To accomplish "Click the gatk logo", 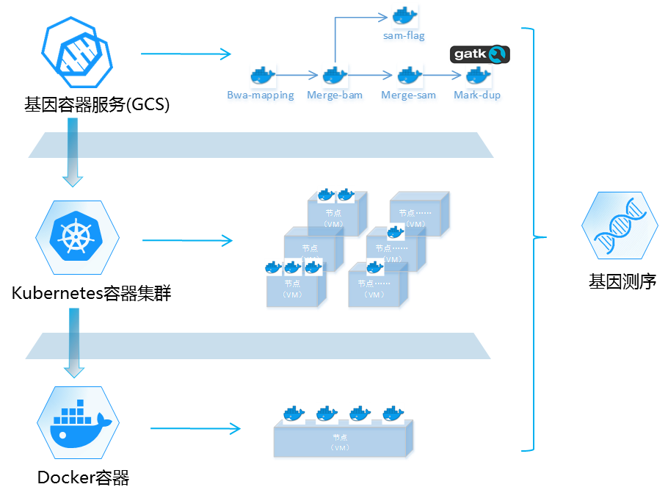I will [x=479, y=54].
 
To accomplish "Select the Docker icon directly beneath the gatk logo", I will [x=479, y=76].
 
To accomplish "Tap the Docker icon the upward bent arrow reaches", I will [x=404, y=16].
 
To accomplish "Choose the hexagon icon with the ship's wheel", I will [x=77, y=237].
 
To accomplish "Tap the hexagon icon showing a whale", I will [x=78, y=422].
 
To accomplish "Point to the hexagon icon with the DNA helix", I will [x=619, y=225].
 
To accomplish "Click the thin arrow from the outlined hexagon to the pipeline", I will [x=186, y=54].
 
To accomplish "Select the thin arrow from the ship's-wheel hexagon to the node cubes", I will [x=187, y=240].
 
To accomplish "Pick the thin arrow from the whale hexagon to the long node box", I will [x=195, y=429].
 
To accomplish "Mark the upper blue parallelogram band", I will [x=261, y=145].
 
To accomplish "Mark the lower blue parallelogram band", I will [x=258, y=346].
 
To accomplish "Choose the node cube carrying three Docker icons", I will [x=292, y=289].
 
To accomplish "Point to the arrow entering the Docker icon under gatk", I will [x=444, y=76].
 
